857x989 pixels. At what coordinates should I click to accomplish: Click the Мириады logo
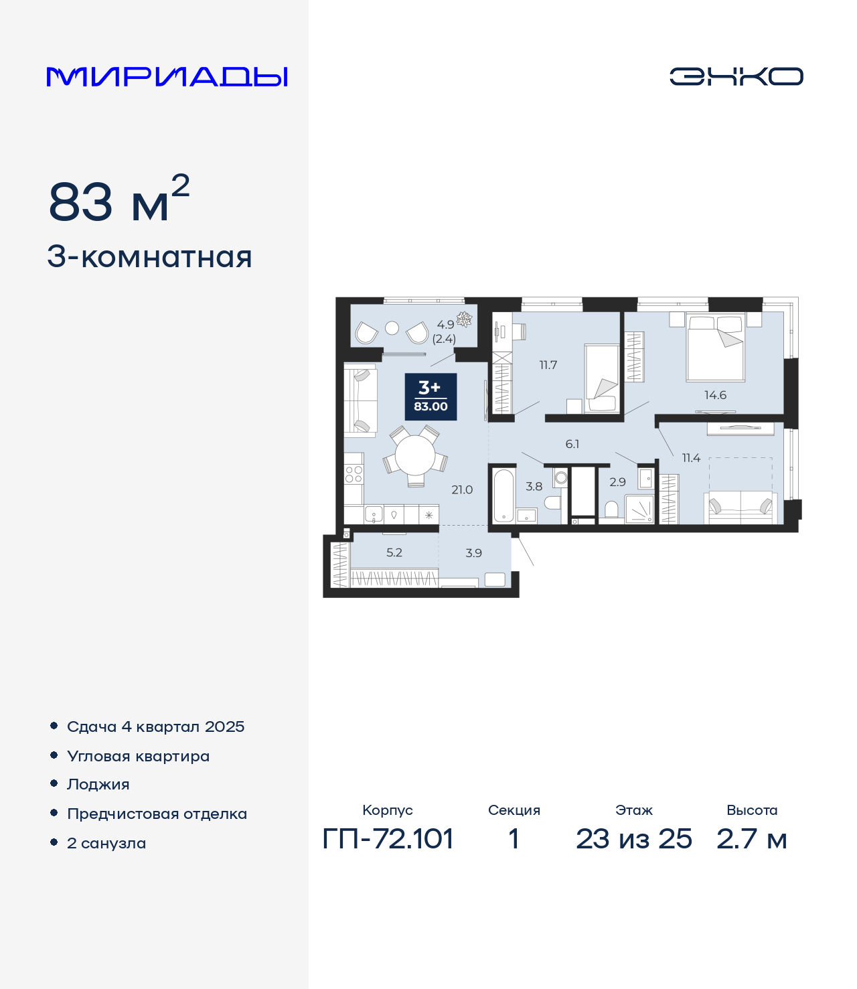167,77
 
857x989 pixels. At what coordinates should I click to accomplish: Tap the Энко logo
736,76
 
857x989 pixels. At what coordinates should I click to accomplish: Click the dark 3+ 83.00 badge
431,396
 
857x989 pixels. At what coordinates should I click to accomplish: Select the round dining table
415,455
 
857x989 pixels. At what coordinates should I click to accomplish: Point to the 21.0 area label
462,489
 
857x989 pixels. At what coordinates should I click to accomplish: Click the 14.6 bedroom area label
715,395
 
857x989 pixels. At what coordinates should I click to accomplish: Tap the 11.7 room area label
548,365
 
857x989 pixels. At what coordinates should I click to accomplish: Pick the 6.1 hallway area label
572,444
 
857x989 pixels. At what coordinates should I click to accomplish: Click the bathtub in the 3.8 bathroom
504,496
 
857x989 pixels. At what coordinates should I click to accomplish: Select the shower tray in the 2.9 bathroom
639,509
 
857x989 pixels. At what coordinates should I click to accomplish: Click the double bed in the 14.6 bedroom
715,347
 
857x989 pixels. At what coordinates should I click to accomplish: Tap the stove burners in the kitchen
354,474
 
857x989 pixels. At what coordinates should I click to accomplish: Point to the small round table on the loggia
392,328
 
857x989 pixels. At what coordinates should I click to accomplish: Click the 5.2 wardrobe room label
394,552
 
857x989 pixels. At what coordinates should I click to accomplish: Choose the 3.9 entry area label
473,553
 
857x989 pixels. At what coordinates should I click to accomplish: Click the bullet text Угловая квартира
139,756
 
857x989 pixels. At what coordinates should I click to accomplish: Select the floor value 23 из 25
633,839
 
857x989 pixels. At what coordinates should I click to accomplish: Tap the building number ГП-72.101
388,839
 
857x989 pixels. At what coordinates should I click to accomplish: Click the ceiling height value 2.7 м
751,839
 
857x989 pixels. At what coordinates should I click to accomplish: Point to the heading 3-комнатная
149,257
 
